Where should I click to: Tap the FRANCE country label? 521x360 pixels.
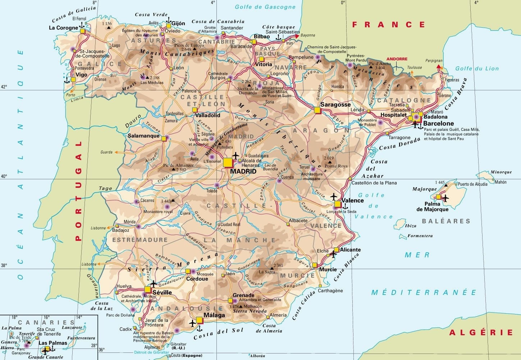tap(388, 24)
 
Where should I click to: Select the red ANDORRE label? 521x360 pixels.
tap(397, 59)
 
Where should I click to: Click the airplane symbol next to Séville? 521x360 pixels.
tap(154, 283)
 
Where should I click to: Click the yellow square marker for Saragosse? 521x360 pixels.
tap(317, 110)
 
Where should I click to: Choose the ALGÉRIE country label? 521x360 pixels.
tap(481, 332)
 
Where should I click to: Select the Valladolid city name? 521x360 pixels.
tap(207, 116)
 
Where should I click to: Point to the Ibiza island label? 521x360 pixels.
tap(411, 226)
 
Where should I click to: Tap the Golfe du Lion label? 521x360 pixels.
tap(477, 69)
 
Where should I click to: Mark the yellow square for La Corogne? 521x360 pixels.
tap(83, 31)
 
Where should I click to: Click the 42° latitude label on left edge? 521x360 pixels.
tap(4, 87)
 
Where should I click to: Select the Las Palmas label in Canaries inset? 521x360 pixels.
tap(53, 343)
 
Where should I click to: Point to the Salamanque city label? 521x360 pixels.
tap(143, 136)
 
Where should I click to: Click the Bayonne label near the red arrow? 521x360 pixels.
tap(308, 35)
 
